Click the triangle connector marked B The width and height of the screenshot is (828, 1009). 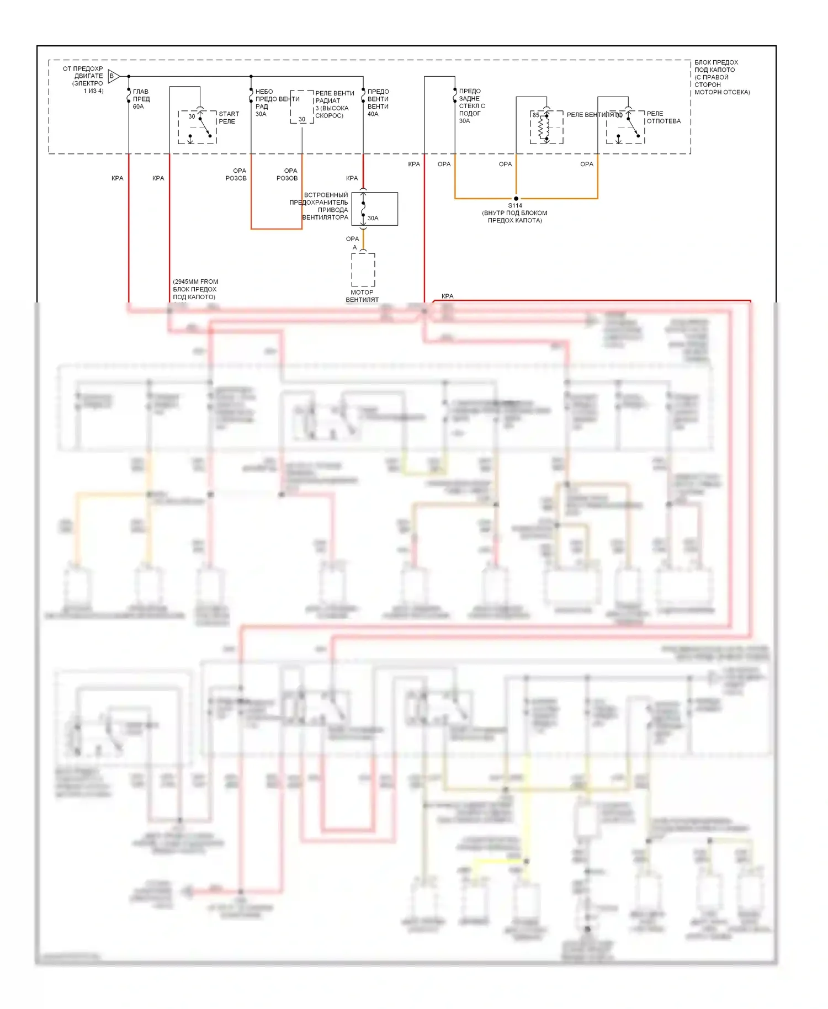(113, 76)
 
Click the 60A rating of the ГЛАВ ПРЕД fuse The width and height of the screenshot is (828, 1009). (138, 107)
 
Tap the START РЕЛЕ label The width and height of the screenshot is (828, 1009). (229, 118)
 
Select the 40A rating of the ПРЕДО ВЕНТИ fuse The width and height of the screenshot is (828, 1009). (373, 114)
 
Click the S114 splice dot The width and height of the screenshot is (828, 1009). (516, 198)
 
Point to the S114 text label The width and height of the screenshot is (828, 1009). (515, 205)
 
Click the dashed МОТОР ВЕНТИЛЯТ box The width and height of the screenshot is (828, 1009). (363, 270)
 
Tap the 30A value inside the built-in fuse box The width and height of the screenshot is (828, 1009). (373, 218)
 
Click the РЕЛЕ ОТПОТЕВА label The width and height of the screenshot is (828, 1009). (664, 118)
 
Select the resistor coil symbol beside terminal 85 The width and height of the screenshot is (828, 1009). (546, 128)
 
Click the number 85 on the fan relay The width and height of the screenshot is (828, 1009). (536, 115)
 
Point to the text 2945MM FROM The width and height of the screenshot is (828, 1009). (195, 282)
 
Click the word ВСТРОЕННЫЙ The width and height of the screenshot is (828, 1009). (326, 195)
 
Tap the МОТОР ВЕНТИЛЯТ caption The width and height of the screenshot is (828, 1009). (362, 296)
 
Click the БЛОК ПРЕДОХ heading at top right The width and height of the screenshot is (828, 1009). (716, 62)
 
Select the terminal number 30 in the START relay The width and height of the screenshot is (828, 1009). (192, 116)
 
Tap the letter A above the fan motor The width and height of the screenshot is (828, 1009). (355, 247)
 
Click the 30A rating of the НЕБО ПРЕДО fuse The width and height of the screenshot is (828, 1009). (261, 114)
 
